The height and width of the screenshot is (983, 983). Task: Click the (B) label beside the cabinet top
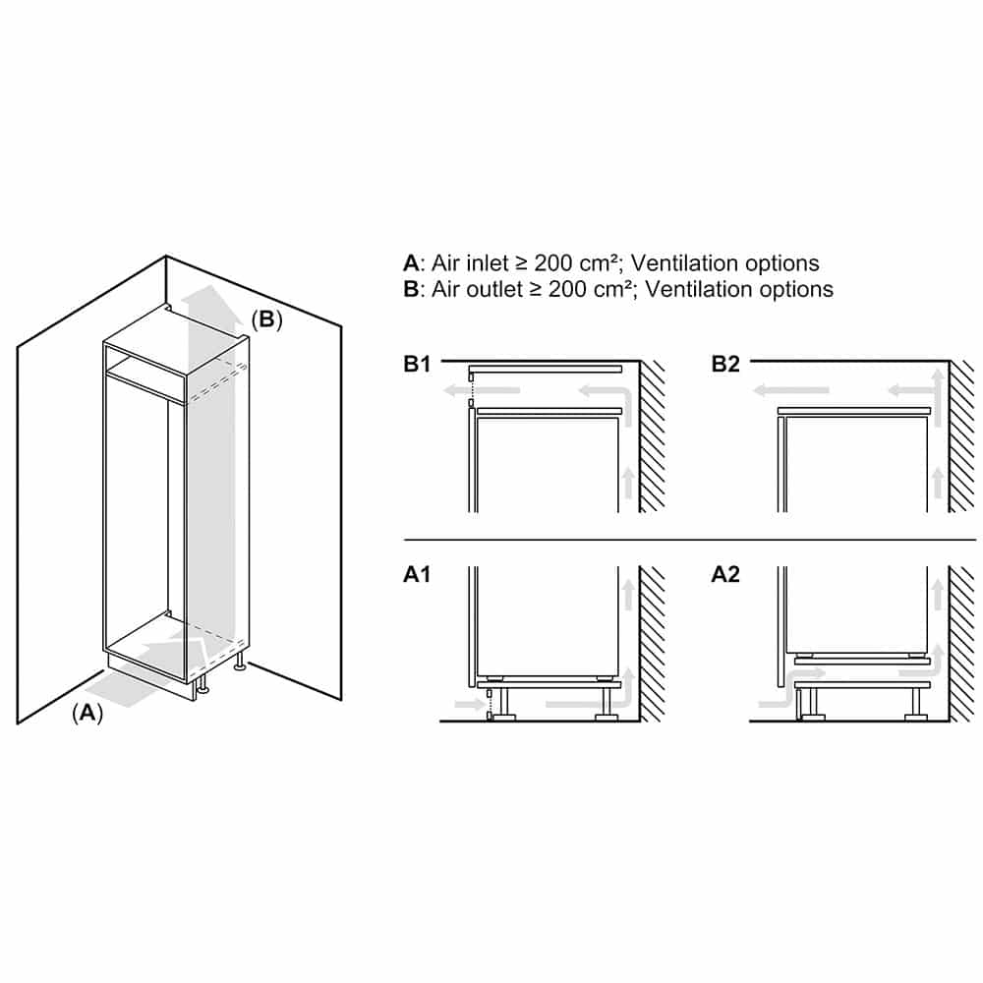click(266, 319)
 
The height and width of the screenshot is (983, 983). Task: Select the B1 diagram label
click(418, 365)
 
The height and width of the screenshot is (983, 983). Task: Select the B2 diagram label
click(725, 365)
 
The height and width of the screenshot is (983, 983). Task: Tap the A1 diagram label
click(418, 575)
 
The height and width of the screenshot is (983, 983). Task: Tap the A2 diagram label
click(725, 575)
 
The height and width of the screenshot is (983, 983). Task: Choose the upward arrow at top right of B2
click(939, 383)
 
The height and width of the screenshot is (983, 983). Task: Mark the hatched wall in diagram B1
click(653, 437)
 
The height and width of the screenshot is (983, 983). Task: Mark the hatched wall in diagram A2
click(961, 644)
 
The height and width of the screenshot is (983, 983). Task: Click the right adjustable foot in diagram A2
click(916, 704)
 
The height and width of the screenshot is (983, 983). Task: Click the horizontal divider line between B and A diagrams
click(688, 540)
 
